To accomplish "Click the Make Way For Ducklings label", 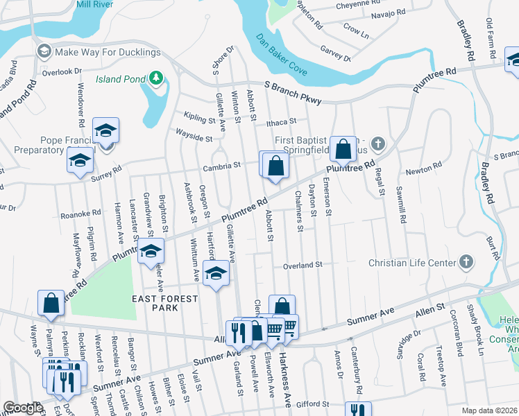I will [x=108, y=53].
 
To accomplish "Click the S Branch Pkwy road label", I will [x=293, y=92].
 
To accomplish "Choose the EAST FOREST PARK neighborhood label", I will [x=165, y=303].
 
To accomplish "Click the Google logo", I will [x=23, y=408].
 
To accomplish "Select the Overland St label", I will [x=303, y=265].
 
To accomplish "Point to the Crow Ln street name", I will [x=356, y=31].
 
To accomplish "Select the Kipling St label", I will [x=198, y=118].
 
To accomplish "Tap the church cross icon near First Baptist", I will [x=377, y=144].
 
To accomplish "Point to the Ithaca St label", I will [x=281, y=123].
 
